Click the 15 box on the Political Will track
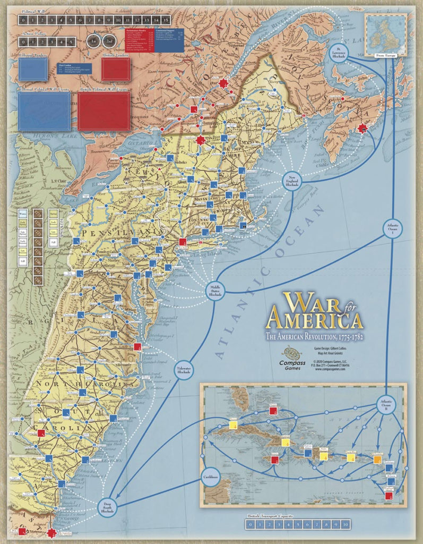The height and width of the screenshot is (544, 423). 166,20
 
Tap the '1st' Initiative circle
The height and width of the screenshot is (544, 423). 93,41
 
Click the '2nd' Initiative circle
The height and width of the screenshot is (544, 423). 108,41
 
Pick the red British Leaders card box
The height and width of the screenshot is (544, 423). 116,69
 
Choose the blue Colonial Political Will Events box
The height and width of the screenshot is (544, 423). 44,112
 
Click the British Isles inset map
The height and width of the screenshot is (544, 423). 386,31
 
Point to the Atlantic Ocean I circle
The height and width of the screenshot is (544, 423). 393,228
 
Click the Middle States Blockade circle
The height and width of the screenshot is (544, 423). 215,290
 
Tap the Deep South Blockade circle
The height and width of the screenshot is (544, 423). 108,508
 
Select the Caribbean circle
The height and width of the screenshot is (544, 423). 211,477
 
